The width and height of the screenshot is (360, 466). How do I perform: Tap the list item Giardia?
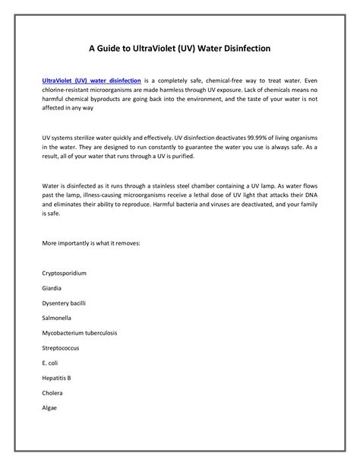tap(52, 289)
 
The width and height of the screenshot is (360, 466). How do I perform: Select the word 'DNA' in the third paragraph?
tap(310, 195)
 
